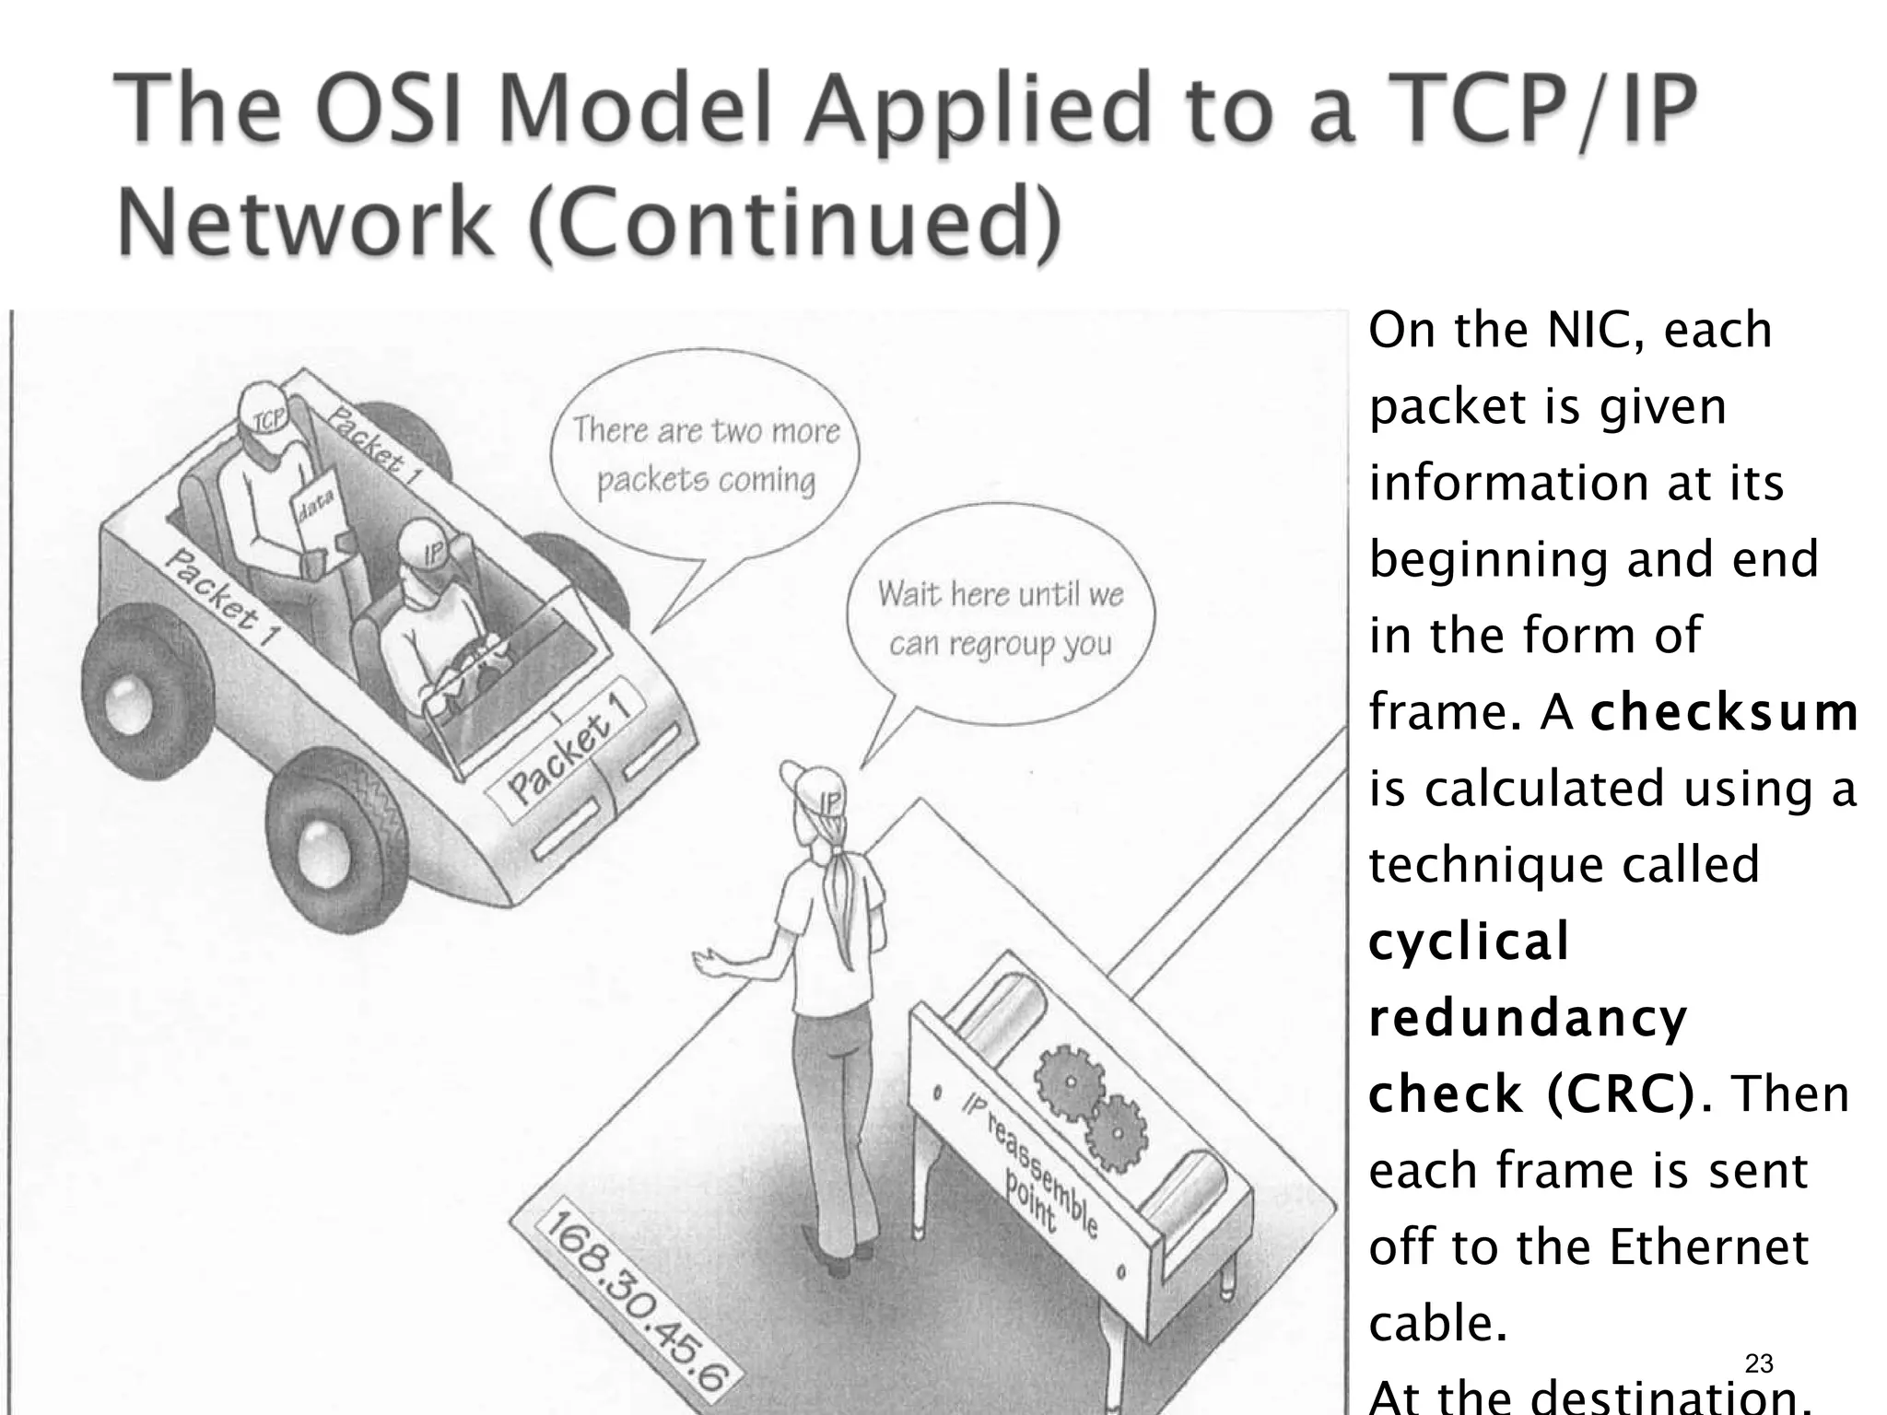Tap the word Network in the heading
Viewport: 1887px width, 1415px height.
[304, 223]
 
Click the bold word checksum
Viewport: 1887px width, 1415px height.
[1724, 712]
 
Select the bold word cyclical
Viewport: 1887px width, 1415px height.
[1469, 941]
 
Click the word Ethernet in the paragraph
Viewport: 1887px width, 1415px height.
[1708, 1247]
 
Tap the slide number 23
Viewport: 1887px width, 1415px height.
[1758, 1363]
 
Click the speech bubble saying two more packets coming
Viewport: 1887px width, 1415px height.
[705, 455]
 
